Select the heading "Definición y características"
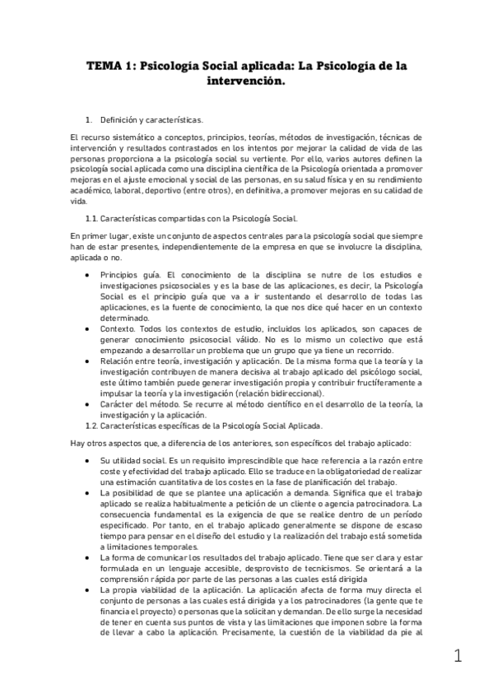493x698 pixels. click(x=153, y=120)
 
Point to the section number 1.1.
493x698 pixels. click(x=92, y=218)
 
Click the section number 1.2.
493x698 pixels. click(x=92, y=425)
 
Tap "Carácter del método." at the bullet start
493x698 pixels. click(x=137, y=403)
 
